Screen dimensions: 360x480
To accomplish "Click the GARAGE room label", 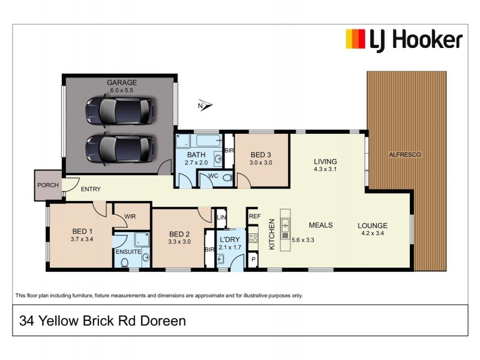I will (122, 82).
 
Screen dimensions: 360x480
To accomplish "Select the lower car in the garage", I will (119, 146).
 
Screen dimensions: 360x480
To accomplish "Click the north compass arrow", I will (206, 106).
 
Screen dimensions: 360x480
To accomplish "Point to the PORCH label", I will (47, 185).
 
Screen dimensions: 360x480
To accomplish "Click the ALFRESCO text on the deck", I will (405, 155).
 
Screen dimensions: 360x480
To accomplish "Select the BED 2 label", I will (179, 234).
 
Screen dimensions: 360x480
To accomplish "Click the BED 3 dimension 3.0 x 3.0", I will (262, 162).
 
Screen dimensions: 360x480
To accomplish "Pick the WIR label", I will (131, 217).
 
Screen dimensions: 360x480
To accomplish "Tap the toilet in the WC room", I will (227, 178).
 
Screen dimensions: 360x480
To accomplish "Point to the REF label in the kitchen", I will (254, 216).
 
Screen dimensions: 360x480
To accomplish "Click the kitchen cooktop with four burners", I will (253, 238).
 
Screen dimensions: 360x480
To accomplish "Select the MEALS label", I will (321, 225).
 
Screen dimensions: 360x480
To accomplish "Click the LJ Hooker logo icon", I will (355, 40).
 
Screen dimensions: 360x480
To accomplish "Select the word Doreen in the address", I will (163, 321).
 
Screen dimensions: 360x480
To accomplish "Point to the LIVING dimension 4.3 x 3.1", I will (325, 170).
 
